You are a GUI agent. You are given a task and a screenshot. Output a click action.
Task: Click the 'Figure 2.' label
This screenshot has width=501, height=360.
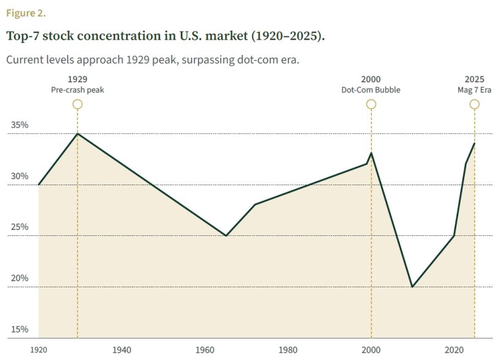click(26, 13)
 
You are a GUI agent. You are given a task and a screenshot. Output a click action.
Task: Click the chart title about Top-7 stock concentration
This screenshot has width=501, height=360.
click(165, 35)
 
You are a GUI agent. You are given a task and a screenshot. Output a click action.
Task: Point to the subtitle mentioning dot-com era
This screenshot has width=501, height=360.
click(152, 61)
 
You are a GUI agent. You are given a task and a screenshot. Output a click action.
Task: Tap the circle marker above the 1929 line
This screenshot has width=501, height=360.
click(78, 104)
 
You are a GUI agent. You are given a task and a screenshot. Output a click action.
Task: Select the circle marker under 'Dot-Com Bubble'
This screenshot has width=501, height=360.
click(371, 104)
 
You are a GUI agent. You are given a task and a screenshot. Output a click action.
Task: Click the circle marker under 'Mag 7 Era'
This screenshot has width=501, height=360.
click(474, 104)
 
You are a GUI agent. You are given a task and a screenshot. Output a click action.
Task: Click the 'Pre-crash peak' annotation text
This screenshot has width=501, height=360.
click(78, 90)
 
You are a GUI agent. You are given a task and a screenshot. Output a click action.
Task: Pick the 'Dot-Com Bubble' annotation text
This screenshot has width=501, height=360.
click(371, 90)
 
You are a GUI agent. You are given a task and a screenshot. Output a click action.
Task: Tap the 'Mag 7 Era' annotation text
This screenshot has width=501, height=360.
click(474, 90)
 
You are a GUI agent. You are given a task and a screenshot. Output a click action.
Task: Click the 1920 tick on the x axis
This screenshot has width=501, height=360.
click(38, 350)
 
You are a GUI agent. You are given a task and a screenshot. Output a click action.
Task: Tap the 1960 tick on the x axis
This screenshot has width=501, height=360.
click(205, 350)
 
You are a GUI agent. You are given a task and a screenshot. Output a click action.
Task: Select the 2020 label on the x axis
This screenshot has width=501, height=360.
click(453, 350)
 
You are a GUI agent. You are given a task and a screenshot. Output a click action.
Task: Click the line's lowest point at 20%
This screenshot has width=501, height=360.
click(412, 287)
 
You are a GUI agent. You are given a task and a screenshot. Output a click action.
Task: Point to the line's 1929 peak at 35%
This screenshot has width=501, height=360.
click(77, 134)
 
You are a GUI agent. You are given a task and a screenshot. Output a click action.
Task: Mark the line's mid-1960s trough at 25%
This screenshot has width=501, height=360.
click(226, 235)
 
